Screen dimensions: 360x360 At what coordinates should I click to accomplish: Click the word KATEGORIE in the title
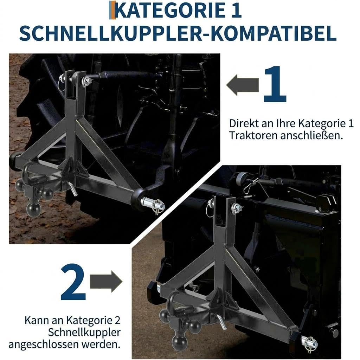(170, 10)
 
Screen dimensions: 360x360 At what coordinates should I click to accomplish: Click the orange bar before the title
(112, 10)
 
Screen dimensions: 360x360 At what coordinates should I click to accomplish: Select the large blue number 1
(275, 84)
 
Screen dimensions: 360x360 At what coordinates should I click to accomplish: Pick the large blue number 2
(73, 282)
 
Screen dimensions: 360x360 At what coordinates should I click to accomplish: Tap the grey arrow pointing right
(106, 282)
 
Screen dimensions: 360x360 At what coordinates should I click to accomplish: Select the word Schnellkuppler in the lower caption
(84, 333)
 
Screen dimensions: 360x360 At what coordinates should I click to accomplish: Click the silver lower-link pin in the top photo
(153, 204)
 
